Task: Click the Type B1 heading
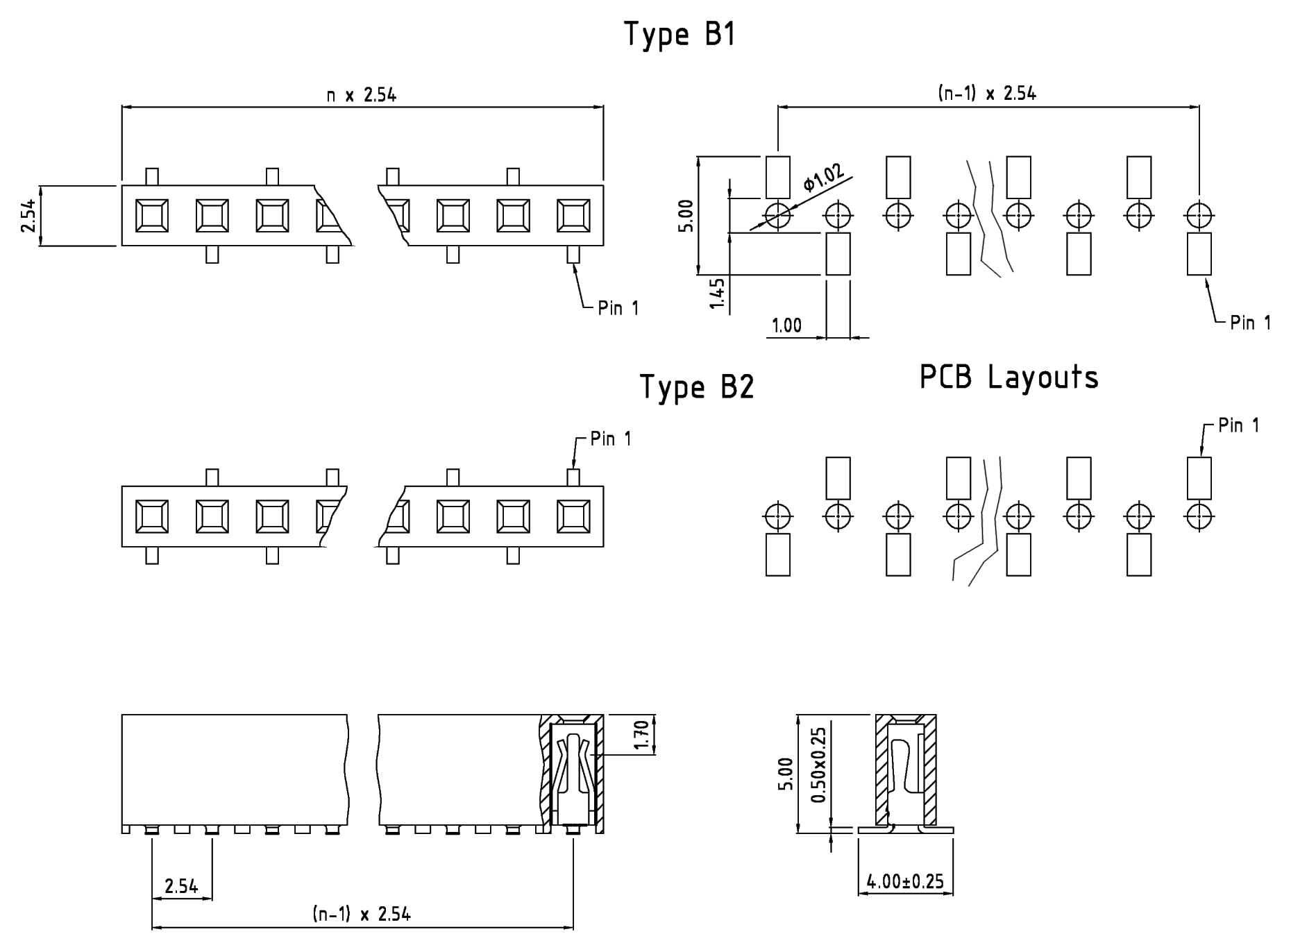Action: tap(680, 35)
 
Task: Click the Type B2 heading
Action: tap(696, 387)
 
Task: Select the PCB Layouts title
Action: tap(1009, 377)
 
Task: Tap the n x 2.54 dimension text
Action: tap(362, 95)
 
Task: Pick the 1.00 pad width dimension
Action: tap(786, 325)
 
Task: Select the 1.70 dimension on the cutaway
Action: tap(641, 736)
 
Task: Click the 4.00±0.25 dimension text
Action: tap(905, 882)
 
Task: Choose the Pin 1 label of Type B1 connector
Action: tap(618, 308)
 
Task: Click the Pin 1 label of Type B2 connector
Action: tap(611, 439)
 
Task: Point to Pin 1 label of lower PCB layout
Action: tap(1239, 425)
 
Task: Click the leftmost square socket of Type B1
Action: tap(152, 215)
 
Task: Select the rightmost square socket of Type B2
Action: tap(573, 516)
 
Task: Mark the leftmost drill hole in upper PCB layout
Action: tap(778, 215)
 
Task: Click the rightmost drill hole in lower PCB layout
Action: tap(1199, 516)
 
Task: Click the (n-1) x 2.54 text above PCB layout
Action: tap(987, 94)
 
